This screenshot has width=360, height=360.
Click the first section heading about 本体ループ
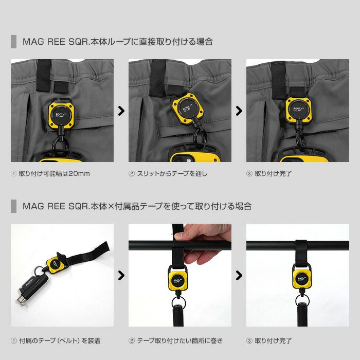pyautogui.click(x=118, y=42)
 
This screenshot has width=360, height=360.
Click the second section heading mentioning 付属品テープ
pyautogui.click(x=137, y=206)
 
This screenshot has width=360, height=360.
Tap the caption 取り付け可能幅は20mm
pyautogui.click(x=54, y=174)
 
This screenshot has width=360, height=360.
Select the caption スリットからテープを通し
pyautogui.click(x=172, y=174)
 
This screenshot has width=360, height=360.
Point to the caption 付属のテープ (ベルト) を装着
pyautogui.click(x=60, y=340)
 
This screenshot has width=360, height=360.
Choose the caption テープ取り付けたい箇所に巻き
pyautogui.click(x=180, y=340)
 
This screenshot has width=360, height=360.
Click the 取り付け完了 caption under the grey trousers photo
pyautogui.click(x=273, y=174)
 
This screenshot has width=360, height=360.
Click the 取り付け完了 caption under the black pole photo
pyautogui.click(x=273, y=340)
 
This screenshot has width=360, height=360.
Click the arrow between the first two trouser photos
pyautogui.click(x=121, y=111)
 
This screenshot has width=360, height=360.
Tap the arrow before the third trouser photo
pyautogui.click(x=239, y=111)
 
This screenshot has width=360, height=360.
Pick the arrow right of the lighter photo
pyautogui.click(x=121, y=275)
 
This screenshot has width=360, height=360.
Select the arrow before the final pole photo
pyautogui.click(x=239, y=275)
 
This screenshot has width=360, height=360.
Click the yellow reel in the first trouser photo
pyautogui.click(x=61, y=114)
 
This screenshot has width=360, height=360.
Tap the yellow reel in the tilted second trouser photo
pyautogui.click(x=188, y=109)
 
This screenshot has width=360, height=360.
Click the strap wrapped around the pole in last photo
pyautogui.click(x=301, y=252)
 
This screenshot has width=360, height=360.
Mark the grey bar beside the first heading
pyautogui.click(x=13, y=42)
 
